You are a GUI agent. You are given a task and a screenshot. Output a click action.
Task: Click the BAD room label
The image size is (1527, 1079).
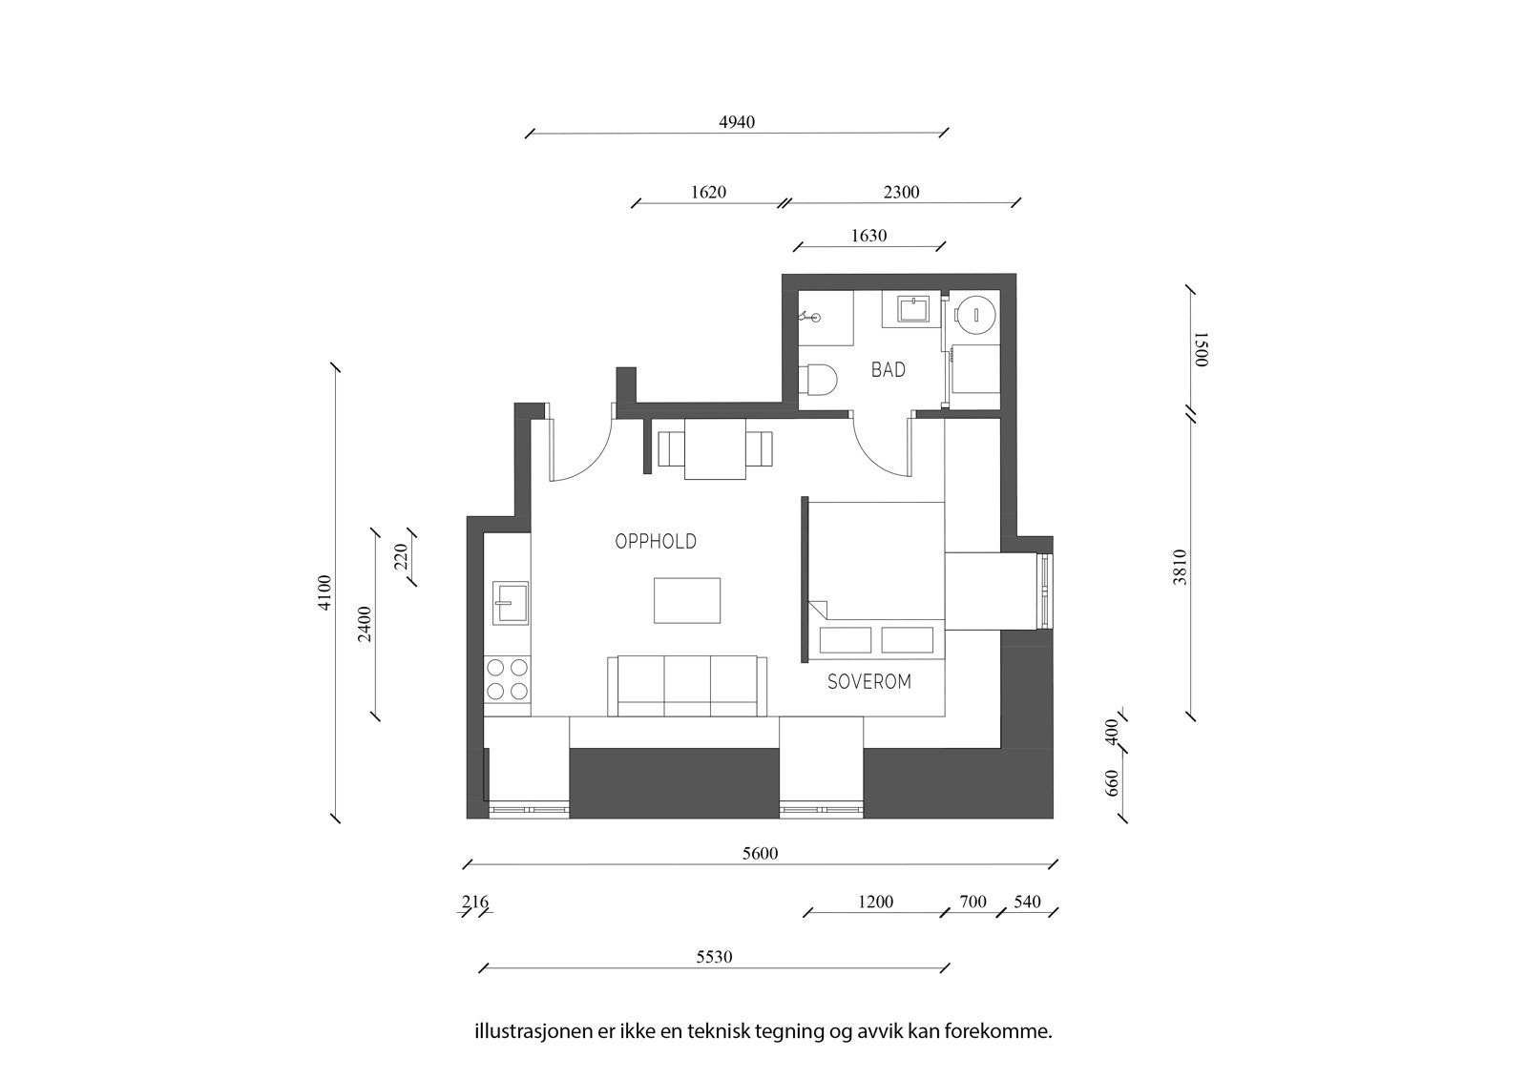888,370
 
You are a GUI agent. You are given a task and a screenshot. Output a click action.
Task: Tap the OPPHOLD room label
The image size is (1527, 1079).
656,542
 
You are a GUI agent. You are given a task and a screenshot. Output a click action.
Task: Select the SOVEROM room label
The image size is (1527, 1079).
868,682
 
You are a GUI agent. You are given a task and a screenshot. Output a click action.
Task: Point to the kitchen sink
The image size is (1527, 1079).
510,603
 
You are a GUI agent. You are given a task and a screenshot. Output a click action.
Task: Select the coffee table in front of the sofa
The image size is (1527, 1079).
687,600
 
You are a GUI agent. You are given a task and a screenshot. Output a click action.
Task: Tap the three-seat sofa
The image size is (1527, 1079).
687,685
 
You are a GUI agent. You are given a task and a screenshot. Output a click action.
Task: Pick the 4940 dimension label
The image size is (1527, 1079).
737,122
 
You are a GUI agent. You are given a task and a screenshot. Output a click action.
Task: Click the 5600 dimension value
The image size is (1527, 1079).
760,854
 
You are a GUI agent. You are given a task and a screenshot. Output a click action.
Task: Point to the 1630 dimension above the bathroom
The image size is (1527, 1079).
868,236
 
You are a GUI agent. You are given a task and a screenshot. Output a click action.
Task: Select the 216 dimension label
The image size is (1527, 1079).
474,903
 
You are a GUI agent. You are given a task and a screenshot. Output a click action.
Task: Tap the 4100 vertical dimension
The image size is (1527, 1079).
325,592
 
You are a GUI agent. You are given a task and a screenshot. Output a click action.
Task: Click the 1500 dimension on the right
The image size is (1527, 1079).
1201,349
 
